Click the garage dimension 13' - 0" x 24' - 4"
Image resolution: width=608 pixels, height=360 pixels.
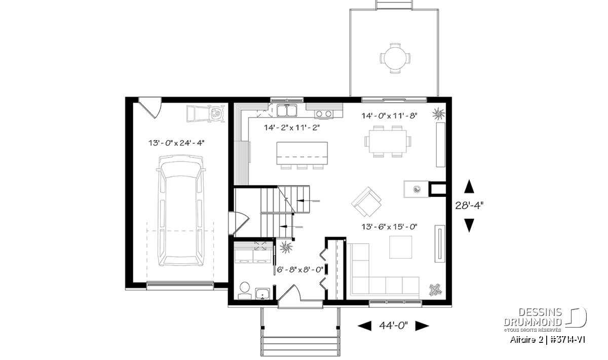coord(176,143)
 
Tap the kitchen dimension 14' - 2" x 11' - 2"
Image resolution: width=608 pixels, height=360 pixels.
coord(292,127)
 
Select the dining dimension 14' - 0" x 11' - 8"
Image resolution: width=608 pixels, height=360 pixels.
coord(389,116)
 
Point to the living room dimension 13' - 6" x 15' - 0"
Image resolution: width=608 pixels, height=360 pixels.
coord(389,226)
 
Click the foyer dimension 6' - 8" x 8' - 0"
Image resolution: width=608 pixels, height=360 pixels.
coord(300,270)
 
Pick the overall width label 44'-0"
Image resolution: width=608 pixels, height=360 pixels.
coord(394,325)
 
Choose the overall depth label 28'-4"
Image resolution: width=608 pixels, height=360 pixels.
coord(469,206)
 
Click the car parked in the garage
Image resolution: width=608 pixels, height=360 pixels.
coord(181,211)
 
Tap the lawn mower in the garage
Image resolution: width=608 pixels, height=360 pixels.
coord(206,113)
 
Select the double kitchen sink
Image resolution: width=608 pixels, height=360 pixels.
coord(287,110)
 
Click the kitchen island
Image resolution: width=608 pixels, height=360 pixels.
coord(302,153)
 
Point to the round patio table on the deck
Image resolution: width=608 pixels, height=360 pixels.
coord(395,58)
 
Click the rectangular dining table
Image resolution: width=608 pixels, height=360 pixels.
coord(388,141)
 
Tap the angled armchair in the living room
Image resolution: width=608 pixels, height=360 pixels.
coord(366,202)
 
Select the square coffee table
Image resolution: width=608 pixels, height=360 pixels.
coord(400,247)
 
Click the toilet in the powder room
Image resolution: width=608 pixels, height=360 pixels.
coord(245,290)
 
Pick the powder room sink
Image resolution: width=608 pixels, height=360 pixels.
coord(262,294)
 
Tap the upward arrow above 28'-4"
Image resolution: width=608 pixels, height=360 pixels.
coord(469,186)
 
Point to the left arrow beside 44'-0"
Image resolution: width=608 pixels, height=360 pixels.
coord(364,326)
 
